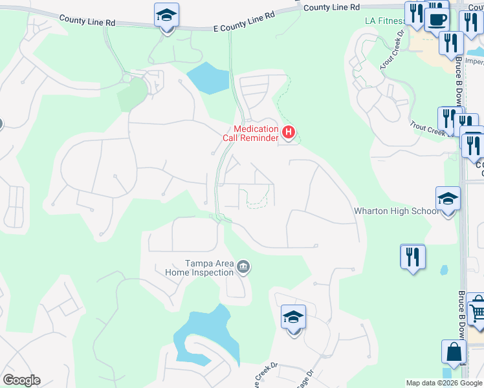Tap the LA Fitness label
[x=384, y=20]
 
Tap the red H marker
[x=289, y=134]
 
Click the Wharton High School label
[x=395, y=211]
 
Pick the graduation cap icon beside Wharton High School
[x=448, y=199]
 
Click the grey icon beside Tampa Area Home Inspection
[x=244, y=266]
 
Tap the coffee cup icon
[x=437, y=19]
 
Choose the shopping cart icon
[x=476, y=312]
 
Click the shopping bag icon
[x=454, y=352]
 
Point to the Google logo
[x=21, y=380]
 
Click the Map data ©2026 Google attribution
[x=444, y=383]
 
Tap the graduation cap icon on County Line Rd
[x=167, y=16]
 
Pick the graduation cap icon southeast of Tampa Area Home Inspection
[x=293, y=318]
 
